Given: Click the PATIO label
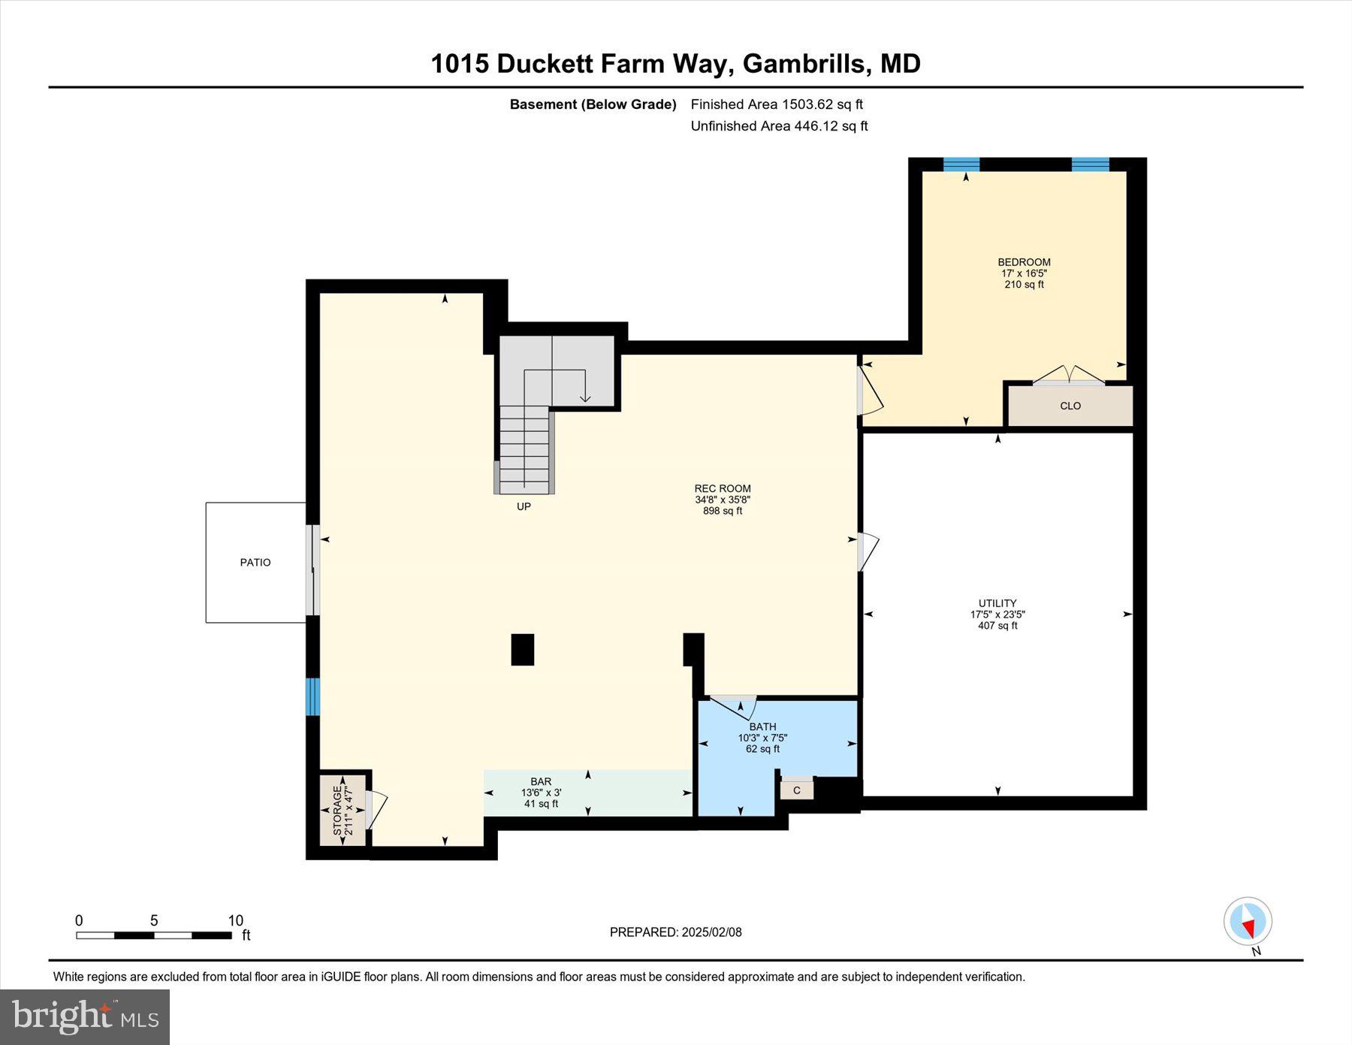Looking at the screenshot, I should point(255,562).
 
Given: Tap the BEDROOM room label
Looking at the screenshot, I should point(1024,262).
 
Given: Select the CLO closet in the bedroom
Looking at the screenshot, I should point(1070,406).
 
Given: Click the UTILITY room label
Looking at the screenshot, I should point(997,603).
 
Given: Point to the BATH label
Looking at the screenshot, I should point(762,726).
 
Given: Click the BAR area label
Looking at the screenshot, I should point(541,782).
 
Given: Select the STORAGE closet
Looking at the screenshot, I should point(343,810).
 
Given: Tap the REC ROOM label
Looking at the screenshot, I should point(723,488).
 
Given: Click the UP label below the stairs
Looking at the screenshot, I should point(524,506).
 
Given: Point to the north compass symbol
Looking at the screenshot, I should point(1248,920).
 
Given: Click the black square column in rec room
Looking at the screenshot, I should point(523,650).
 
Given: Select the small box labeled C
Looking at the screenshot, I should point(797,790).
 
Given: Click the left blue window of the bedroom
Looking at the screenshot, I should point(961,165).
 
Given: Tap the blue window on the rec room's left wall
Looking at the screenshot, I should point(313,696).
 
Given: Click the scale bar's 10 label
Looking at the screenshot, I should point(235,920).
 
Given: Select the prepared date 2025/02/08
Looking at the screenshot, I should point(675,932).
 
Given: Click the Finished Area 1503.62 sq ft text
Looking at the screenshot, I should point(777,104).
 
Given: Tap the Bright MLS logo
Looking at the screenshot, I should point(85,1017).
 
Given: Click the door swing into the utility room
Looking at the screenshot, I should point(868,551).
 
